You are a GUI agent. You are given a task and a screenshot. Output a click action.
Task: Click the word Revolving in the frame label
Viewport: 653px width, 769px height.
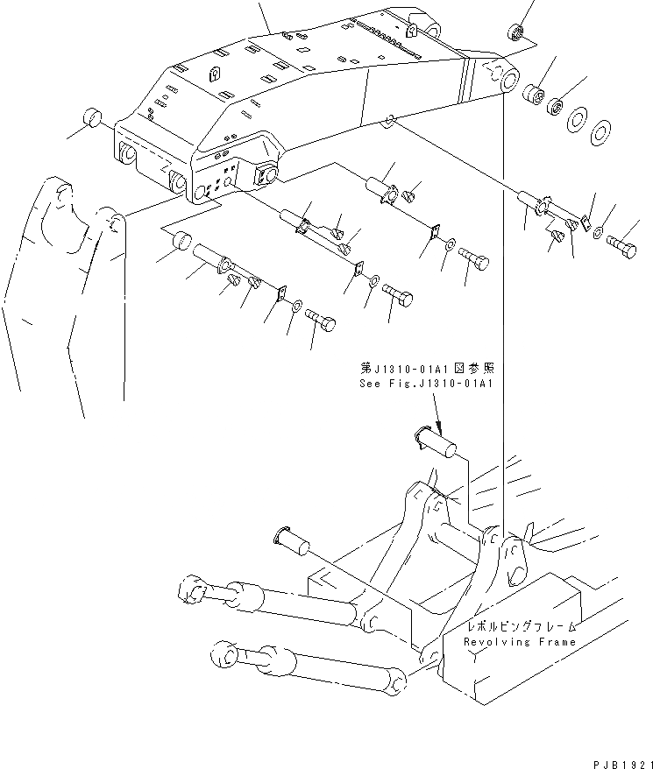click(498, 642)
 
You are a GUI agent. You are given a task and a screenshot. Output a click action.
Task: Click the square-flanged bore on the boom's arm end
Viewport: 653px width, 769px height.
click(264, 175)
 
